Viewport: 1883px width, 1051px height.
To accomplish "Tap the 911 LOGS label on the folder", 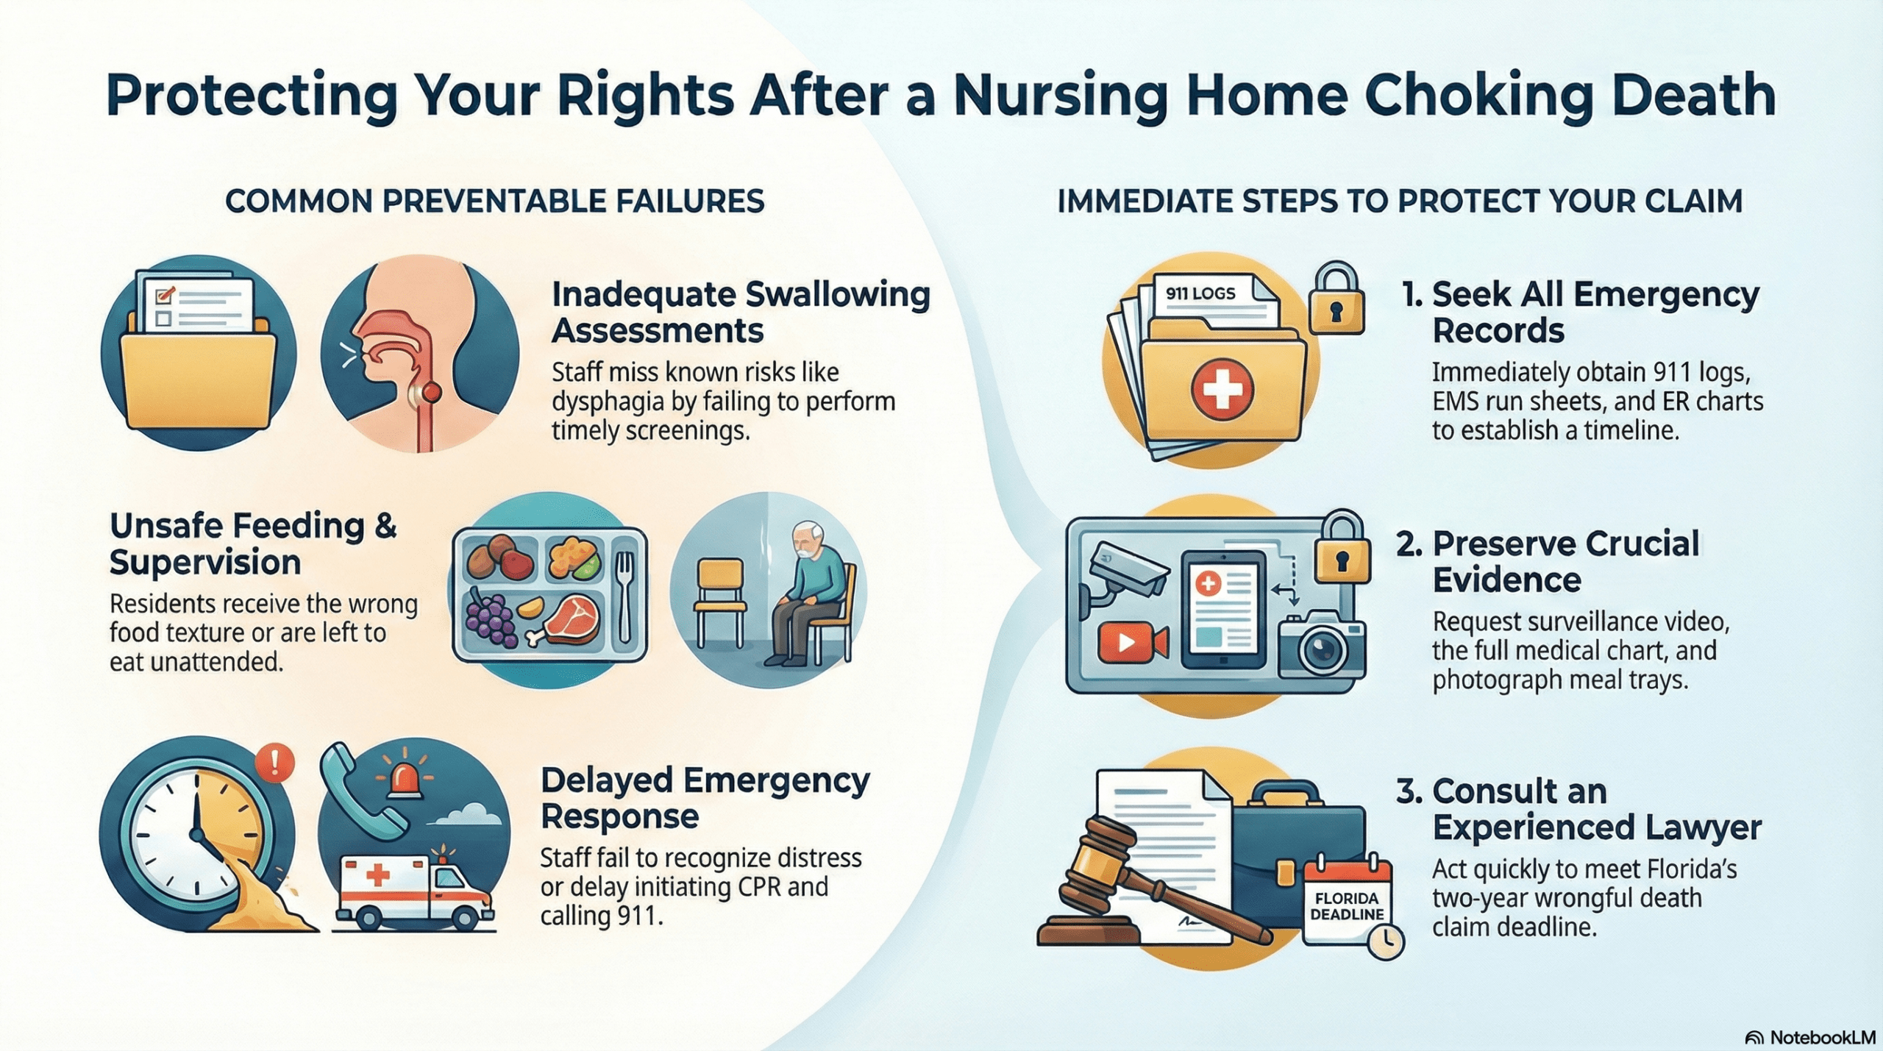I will [x=1200, y=293].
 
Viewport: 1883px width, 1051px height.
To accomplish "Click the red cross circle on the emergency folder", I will [x=1222, y=388].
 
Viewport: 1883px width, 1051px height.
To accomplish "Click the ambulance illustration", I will [x=413, y=891].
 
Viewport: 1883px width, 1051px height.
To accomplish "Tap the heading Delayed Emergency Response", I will [x=704, y=798].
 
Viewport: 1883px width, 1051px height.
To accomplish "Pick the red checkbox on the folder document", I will [x=164, y=296].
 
